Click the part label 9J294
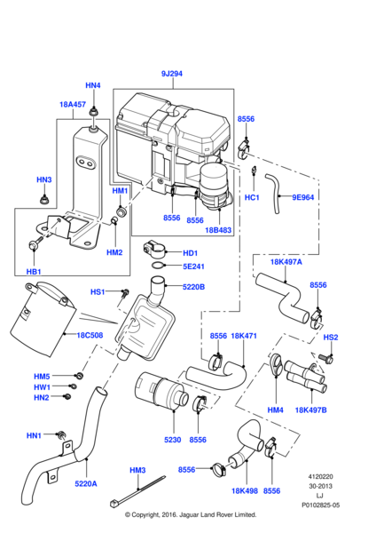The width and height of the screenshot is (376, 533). tap(172, 74)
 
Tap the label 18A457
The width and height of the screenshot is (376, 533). tap(73, 104)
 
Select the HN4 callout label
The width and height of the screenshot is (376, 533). tap(93, 85)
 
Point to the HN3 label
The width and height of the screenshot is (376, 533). tap(44, 179)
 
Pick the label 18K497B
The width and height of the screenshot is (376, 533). tap(311, 410)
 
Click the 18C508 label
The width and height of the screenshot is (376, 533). tap(90, 336)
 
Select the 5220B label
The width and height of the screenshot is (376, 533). tap(193, 287)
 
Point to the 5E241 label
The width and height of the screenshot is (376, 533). tap(193, 266)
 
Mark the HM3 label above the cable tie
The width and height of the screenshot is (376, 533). tap(137, 470)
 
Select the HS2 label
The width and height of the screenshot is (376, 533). tap(330, 338)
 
